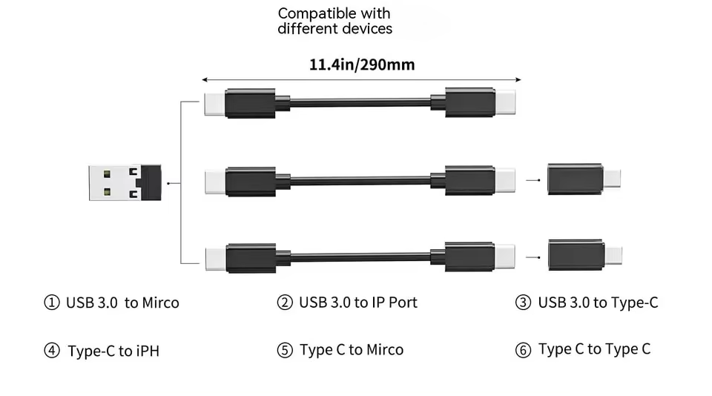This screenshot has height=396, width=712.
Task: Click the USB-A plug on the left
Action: pyautogui.click(x=124, y=182)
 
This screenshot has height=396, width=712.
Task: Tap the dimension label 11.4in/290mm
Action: pyautogui.click(x=361, y=65)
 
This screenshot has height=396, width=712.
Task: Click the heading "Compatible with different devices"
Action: pyautogui.click(x=334, y=22)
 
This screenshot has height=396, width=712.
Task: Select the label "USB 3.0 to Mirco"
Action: pyautogui.click(x=122, y=303)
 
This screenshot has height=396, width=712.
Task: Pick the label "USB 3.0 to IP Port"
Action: pyautogui.click(x=357, y=303)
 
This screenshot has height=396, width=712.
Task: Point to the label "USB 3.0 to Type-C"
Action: pyautogui.click(x=598, y=303)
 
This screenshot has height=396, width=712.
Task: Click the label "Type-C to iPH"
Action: pyautogui.click(x=113, y=351)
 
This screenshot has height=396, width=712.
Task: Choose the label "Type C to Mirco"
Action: pyautogui.click(x=351, y=350)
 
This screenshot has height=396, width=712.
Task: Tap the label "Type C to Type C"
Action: pyautogui.click(x=594, y=349)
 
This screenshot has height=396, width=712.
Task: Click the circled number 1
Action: pyautogui.click(x=52, y=303)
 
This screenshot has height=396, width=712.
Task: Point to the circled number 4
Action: pyautogui.click(x=52, y=351)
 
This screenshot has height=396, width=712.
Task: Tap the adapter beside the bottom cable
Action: pyautogui.click(x=584, y=255)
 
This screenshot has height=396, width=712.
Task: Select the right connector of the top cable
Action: pyautogui.click(x=478, y=102)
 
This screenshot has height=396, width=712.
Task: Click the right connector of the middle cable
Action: pyautogui.click(x=478, y=180)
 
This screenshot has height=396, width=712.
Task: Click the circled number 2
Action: pyautogui.click(x=285, y=303)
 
